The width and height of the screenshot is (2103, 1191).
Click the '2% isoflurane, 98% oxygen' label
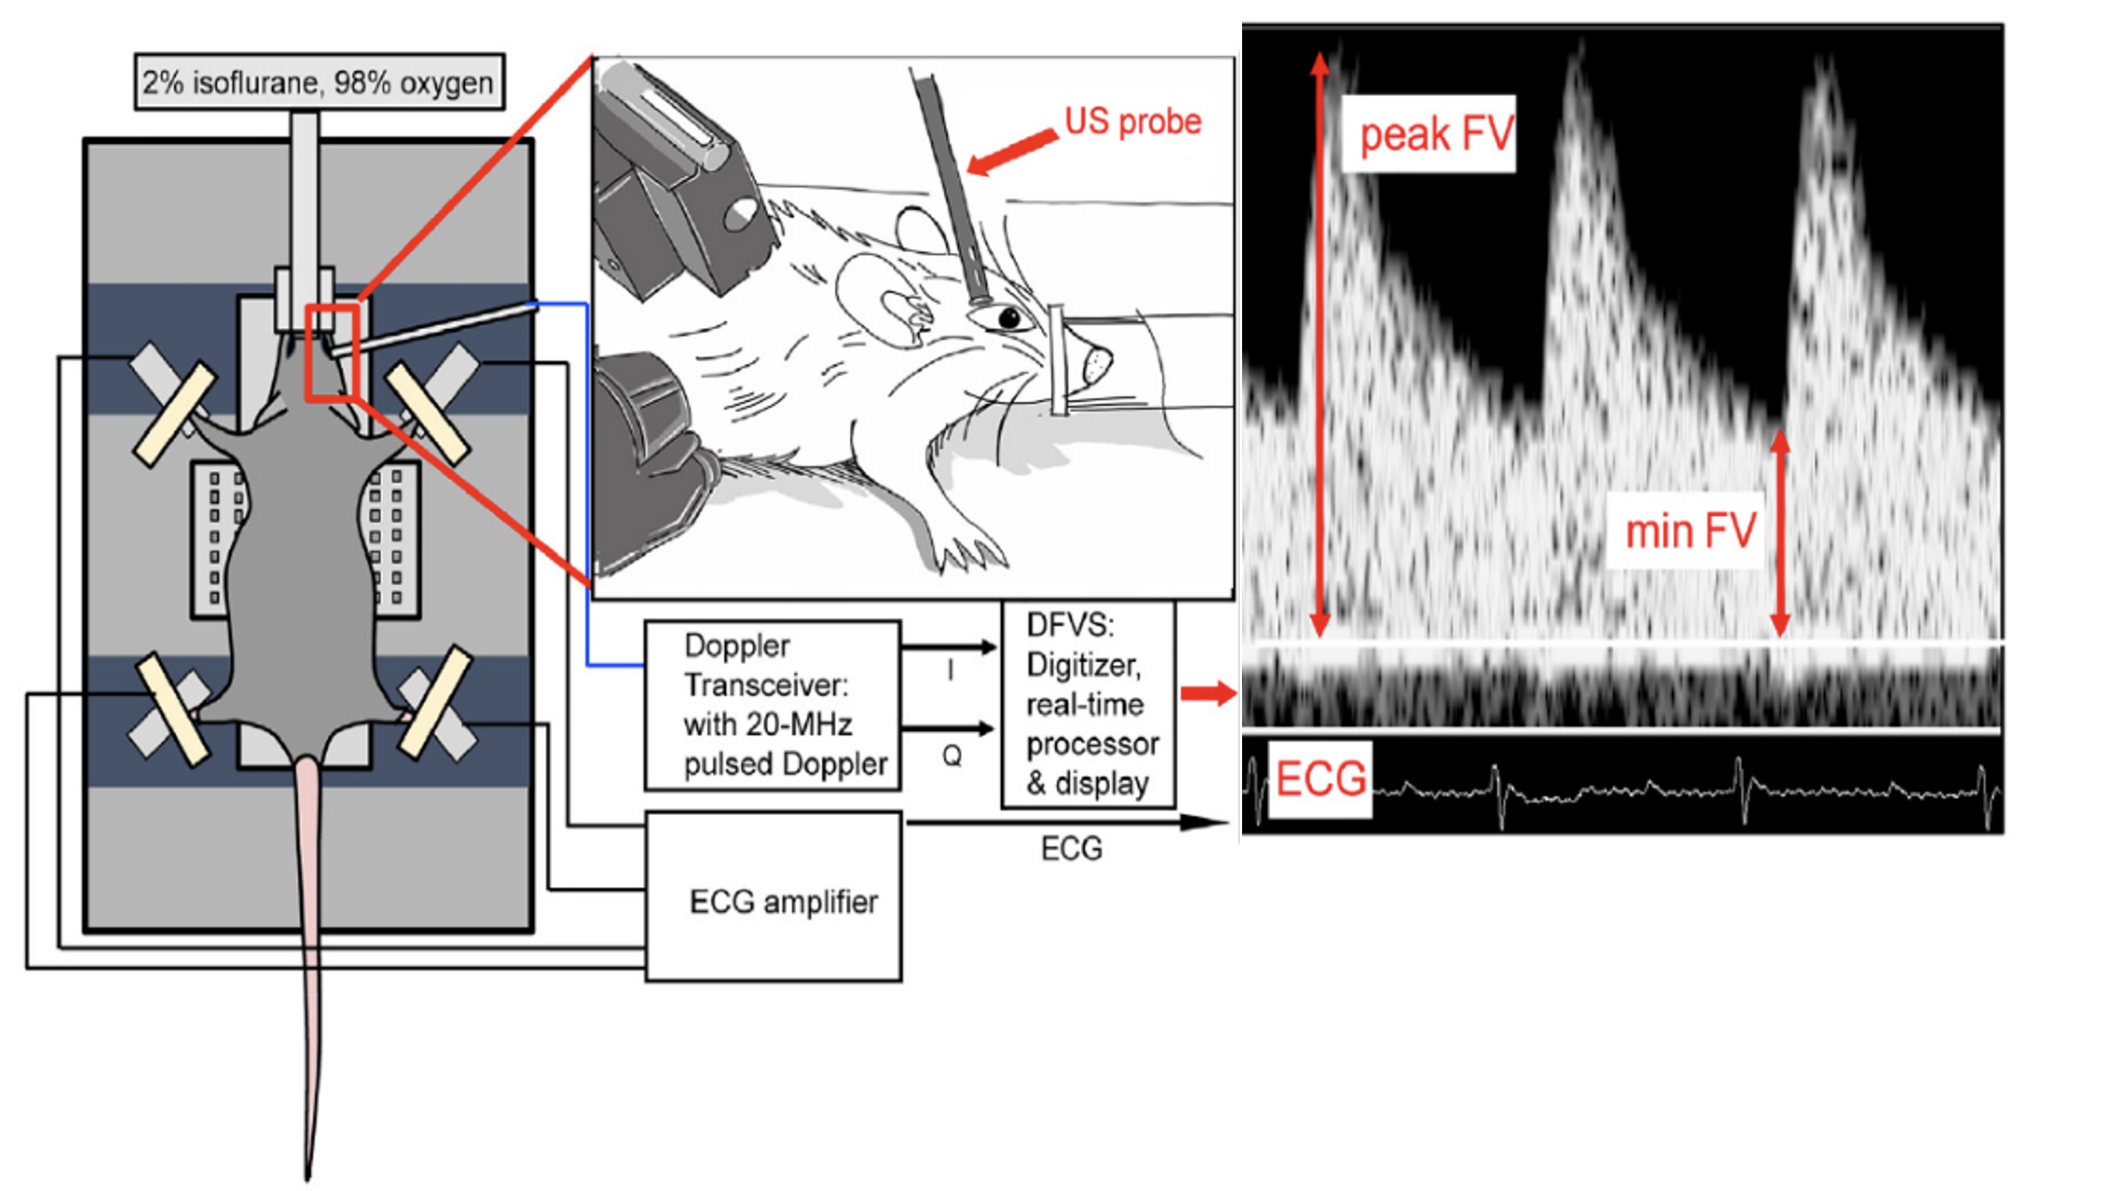(318, 82)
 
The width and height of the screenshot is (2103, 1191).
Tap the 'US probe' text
(1132, 122)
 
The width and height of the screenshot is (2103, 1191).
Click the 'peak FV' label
(1435, 134)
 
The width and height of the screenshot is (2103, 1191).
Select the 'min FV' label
(1690, 531)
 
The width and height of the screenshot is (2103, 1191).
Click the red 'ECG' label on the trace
(1320, 779)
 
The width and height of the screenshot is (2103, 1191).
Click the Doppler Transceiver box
(773, 704)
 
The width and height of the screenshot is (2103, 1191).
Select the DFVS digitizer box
(1088, 704)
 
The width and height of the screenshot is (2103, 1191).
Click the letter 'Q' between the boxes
(951, 755)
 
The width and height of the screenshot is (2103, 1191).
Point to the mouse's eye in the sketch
(1009, 317)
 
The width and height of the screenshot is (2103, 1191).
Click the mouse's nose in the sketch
(1096, 361)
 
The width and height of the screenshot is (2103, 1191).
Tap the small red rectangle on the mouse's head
(332, 354)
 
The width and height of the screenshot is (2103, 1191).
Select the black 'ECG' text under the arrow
(1071, 849)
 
